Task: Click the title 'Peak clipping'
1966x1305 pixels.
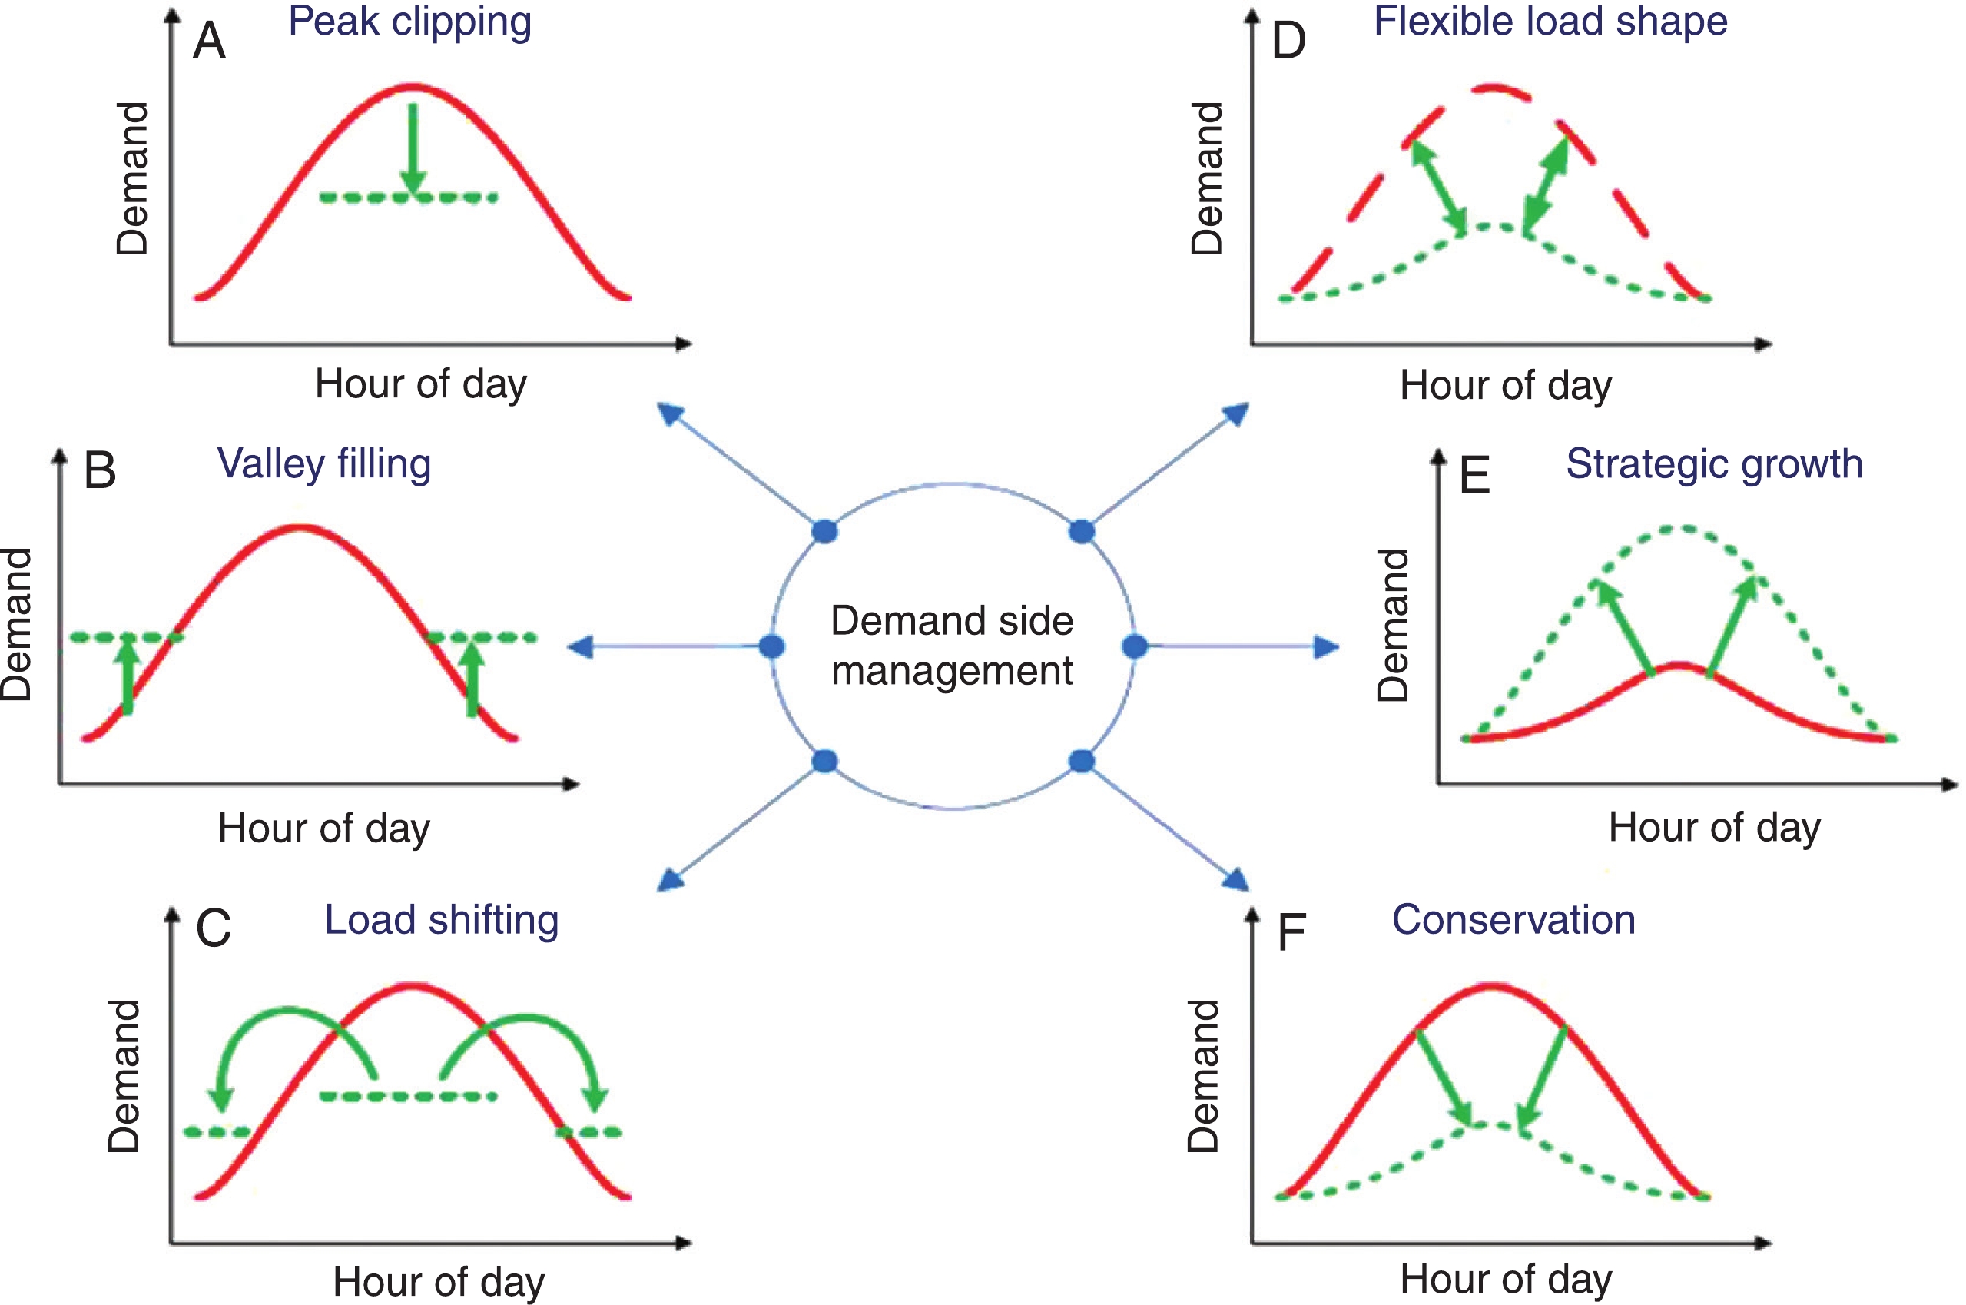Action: (x=409, y=22)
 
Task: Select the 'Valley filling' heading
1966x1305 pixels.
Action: (x=323, y=463)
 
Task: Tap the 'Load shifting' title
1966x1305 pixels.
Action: (x=441, y=920)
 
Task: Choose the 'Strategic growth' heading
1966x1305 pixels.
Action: (x=1714, y=463)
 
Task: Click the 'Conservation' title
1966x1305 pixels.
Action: (x=1513, y=920)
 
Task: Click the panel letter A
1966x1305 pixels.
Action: (x=209, y=41)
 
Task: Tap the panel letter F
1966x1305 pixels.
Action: (x=1291, y=932)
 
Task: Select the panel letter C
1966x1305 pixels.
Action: (x=213, y=928)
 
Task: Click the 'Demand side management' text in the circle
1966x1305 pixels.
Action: (x=952, y=646)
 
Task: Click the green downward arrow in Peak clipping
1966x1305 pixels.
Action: (x=413, y=150)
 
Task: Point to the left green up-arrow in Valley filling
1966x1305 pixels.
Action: (x=128, y=674)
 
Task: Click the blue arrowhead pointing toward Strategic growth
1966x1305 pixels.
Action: (x=1326, y=646)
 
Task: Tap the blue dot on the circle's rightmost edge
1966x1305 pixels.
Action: (x=1135, y=646)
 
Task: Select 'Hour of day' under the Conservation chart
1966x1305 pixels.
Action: (x=1505, y=1278)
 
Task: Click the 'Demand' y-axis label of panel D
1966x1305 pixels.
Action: (x=1207, y=178)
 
